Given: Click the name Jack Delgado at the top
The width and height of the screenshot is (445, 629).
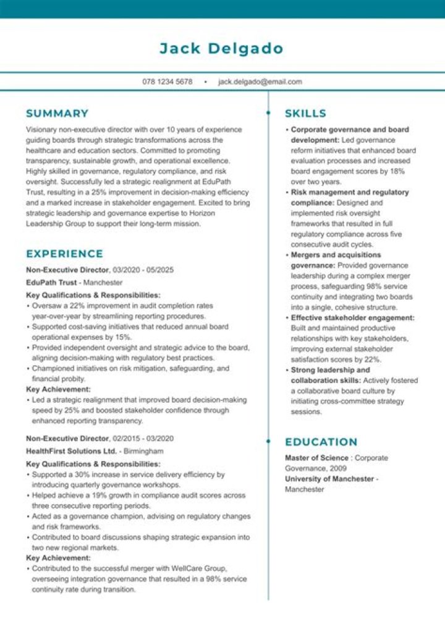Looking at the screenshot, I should [221, 48].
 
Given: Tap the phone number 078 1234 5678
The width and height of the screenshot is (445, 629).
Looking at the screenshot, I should [167, 82].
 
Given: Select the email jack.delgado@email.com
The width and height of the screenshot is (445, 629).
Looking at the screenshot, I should [260, 82].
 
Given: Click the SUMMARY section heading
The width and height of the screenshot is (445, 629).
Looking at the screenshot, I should [57, 114].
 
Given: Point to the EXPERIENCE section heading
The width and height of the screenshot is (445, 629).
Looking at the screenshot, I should [64, 254].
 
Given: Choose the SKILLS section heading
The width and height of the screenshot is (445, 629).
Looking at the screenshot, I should [305, 114].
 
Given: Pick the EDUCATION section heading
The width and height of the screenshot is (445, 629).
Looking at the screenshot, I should [321, 442].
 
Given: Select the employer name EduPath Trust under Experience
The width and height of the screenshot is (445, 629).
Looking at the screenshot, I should [51, 282].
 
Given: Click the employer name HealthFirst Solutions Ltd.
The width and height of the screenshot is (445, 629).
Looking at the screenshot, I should [71, 451].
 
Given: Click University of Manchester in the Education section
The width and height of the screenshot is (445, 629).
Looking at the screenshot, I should [329, 479].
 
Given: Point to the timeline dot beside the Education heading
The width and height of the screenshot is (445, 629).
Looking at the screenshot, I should [268, 441].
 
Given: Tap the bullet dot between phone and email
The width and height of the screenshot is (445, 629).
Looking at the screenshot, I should [205, 82].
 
